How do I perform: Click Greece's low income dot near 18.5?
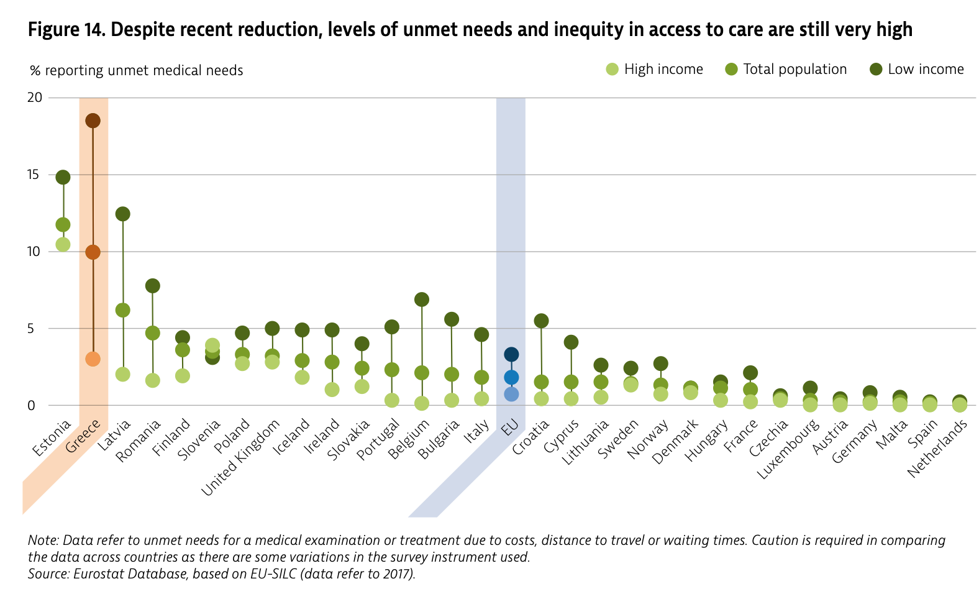(93, 121)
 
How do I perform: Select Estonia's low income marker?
(63, 177)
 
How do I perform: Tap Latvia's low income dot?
(122, 214)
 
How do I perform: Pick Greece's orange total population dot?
(93, 252)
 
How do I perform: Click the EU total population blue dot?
(511, 377)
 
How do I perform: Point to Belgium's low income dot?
(422, 299)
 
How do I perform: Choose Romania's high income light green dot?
(152, 380)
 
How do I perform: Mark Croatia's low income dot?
(541, 321)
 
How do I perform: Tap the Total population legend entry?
(786, 70)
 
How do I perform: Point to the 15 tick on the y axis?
(35, 175)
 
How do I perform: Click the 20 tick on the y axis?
(35, 98)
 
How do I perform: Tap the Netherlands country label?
(938, 449)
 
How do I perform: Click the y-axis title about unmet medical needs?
(137, 71)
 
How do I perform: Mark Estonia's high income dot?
(63, 244)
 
